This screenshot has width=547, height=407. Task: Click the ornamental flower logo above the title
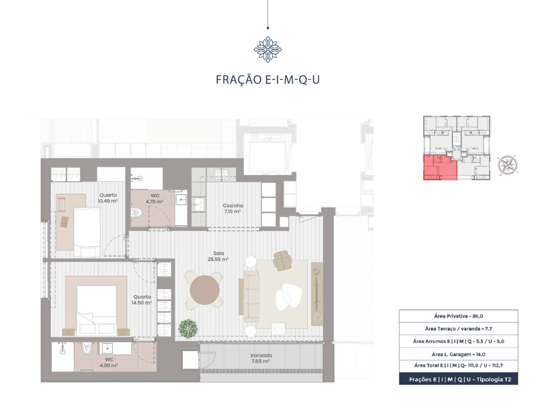[x=268, y=49]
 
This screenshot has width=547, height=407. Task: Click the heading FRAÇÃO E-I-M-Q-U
[x=268, y=80]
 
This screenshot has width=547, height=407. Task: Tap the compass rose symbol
[x=507, y=165]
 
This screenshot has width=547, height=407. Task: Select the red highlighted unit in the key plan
[x=440, y=167]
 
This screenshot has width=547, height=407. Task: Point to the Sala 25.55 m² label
[x=218, y=257]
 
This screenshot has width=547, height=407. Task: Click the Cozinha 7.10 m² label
[x=233, y=209]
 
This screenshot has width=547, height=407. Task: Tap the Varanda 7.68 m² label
[x=261, y=358]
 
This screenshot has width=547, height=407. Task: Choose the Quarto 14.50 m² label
[x=142, y=300]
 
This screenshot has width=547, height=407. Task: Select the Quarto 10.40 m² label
[x=108, y=198]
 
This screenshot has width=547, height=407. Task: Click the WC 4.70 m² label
[x=154, y=198]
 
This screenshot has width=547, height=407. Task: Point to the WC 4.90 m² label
[x=108, y=362]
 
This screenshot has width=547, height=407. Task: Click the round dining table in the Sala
[x=205, y=290]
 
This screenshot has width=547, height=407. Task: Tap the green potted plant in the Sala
[x=189, y=328]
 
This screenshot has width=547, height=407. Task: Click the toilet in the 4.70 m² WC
[x=137, y=212]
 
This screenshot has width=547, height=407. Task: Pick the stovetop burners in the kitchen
[x=221, y=174]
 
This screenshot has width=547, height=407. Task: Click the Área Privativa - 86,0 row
[x=458, y=316]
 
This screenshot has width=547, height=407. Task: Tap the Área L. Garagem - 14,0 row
[x=458, y=354]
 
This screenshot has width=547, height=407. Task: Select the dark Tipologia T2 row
[x=458, y=379]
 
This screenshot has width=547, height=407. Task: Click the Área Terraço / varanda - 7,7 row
[x=458, y=328]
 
